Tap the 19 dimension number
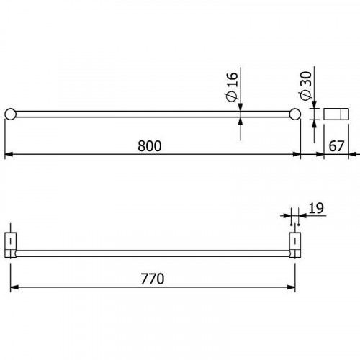tap(315, 209)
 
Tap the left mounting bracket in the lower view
tap(12, 243)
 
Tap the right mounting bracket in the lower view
tap(294, 243)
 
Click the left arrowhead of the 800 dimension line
tap(9, 154)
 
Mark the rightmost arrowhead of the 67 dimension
tap(353, 154)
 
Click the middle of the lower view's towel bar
tap(153, 253)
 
